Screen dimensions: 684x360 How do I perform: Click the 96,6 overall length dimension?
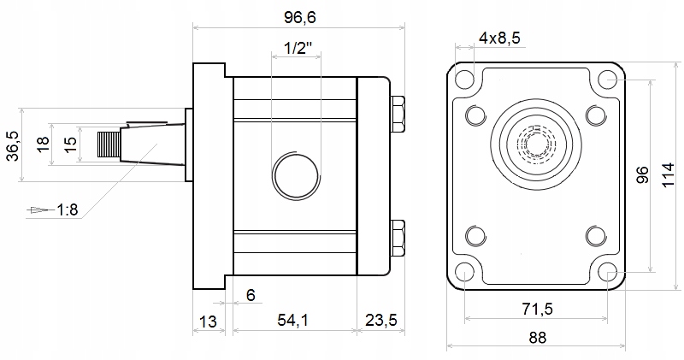(298, 16)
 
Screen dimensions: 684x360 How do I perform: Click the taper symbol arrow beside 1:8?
(38, 209)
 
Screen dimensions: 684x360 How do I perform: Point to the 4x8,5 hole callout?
(499, 38)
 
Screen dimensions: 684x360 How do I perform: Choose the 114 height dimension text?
(671, 177)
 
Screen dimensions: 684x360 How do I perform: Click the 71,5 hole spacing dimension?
(536, 308)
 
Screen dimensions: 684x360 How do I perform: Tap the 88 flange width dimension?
(536, 337)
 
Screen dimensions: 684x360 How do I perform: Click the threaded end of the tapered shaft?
(109, 145)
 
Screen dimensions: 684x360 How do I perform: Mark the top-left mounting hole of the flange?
(464, 81)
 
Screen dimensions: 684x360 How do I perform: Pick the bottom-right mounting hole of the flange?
(608, 273)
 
